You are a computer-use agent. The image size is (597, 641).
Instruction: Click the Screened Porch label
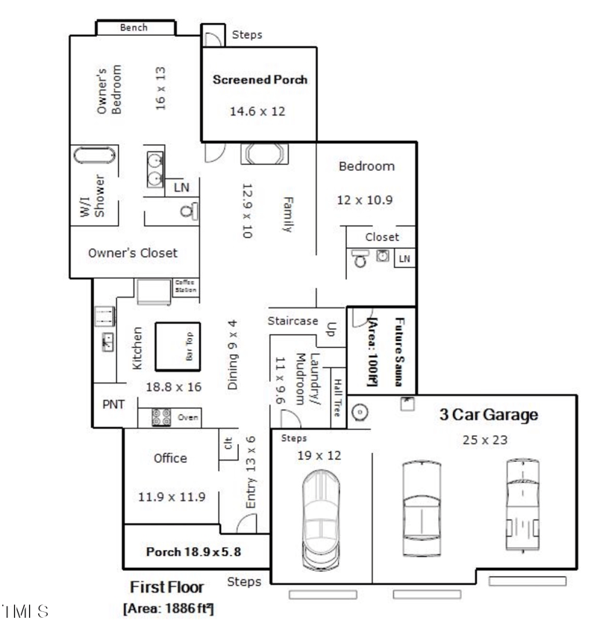coord(260,79)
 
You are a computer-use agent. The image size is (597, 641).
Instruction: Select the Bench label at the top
coord(134,28)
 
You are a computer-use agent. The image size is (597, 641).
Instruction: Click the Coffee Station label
coord(185,286)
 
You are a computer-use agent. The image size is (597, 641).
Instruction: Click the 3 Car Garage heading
coord(489,416)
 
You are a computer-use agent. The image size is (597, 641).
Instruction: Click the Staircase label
coord(293,321)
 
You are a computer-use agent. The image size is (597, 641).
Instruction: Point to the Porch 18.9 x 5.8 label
coord(193,553)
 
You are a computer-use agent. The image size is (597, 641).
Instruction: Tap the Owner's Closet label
coord(133,253)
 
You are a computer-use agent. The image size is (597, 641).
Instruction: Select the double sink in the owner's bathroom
coord(155,169)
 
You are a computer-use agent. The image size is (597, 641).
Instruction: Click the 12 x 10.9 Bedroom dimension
coord(366,200)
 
